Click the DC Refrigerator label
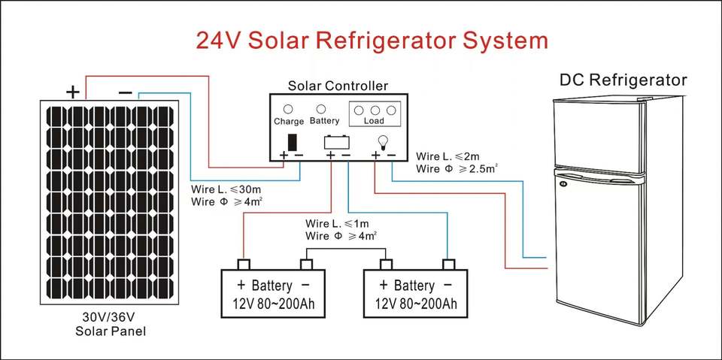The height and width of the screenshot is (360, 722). pos(623,80)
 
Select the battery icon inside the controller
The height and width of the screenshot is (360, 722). pos(335,141)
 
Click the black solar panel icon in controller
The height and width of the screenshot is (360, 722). pos(293,141)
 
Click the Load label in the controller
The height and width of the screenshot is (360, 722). pos(374,121)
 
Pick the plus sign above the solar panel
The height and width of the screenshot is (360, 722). pos(72,92)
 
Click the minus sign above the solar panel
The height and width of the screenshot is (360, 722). pos(125,92)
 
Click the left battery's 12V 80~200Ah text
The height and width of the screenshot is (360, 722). pos(272,304)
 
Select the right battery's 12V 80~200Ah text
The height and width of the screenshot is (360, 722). pos(414,304)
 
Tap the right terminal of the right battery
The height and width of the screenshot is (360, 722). pos(449,264)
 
